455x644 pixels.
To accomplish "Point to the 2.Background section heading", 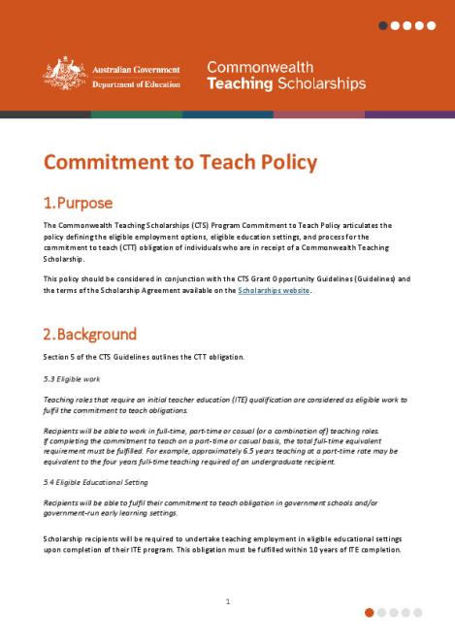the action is pos(89,335).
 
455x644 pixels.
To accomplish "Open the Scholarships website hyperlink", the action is pos(274,290).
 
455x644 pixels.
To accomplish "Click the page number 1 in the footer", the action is pos(227,601).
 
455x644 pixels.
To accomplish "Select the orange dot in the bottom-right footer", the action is pos(370,612).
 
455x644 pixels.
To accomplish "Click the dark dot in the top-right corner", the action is pos(384,25).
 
